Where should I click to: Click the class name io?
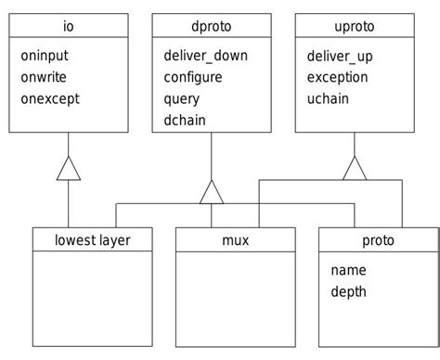[69, 25]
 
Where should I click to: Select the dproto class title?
[212, 25]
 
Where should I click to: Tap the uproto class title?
[355, 25]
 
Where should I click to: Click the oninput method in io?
[46, 56]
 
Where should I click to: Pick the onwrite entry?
[46, 77]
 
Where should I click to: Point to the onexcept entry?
[50, 98]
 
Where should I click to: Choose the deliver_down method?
[205, 56]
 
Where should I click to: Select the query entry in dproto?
[183, 98]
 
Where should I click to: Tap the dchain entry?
[185, 120]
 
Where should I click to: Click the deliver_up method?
[341, 56]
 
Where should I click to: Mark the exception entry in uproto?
[338, 77]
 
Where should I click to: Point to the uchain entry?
[328, 98]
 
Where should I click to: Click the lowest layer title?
[93, 240]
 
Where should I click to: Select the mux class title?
[236, 240]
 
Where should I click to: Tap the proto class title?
[378, 240]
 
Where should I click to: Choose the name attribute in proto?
[348, 270]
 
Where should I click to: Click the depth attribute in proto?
[349, 291]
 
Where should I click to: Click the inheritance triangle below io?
[69, 169]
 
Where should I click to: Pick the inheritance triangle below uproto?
[355, 169]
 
